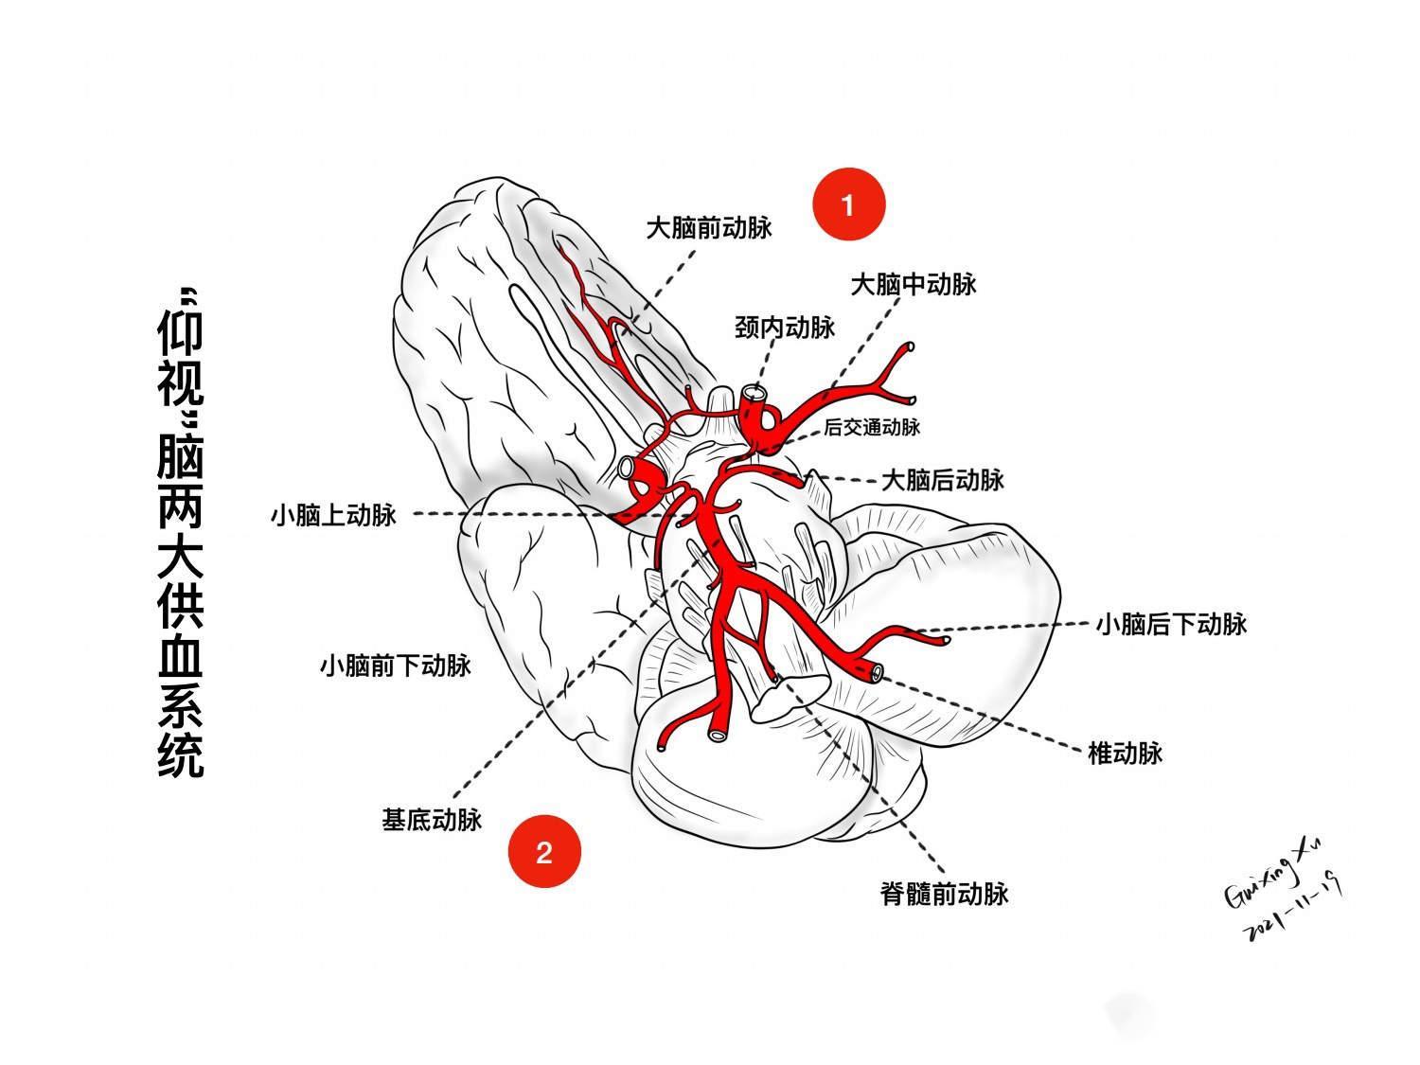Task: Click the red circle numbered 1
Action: (x=849, y=204)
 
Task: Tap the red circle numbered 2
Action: (x=543, y=852)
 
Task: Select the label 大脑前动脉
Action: (x=709, y=228)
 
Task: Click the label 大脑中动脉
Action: (x=913, y=285)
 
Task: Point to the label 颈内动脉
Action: (x=785, y=328)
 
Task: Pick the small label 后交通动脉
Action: (x=872, y=427)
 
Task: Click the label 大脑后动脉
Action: (x=942, y=480)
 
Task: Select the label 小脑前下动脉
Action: (x=395, y=666)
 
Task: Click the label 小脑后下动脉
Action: (x=1171, y=624)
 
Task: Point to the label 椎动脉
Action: (x=1125, y=754)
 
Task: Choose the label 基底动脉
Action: (x=432, y=819)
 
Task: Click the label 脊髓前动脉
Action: (x=944, y=893)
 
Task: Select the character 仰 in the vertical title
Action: (x=180, y=331)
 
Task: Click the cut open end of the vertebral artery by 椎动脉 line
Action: (x=877, y=673)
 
